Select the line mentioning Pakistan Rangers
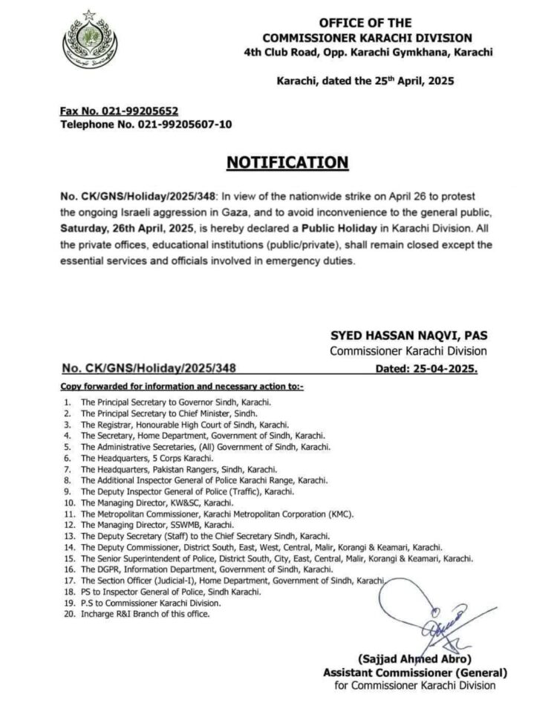[x=178, y=470]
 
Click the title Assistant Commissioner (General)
[x=414, y=672]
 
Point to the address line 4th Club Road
[x=371, y=51]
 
